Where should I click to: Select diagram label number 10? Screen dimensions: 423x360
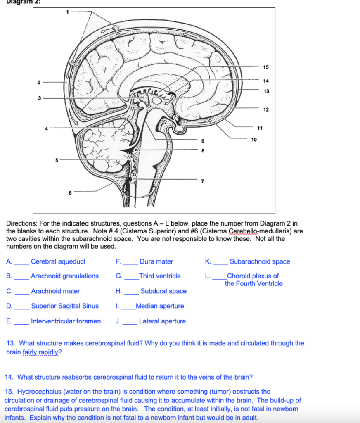pos(253,139)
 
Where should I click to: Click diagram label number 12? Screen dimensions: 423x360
pos(265,109)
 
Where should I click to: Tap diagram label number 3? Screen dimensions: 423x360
pos(38,98)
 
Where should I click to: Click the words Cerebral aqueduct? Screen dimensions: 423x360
pos(58,261)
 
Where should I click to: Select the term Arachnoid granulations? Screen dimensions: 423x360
pos(65,276)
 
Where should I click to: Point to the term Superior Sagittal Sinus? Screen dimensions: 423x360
pos(65,306)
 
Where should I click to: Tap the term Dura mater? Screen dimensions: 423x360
pos(156,261)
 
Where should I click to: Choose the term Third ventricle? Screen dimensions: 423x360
pos(160,276)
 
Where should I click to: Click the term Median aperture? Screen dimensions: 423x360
pos(160,306)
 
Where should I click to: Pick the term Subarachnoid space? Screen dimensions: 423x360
pos(260,261)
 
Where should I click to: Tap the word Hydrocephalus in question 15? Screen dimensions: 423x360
pos(38,391)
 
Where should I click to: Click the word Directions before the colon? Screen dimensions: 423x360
pos(20,223)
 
